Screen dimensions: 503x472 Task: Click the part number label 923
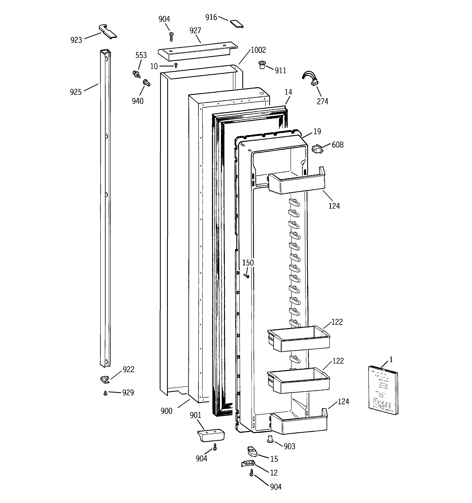[x=76, y=40]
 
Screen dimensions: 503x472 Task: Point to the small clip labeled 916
[x=237, y=24]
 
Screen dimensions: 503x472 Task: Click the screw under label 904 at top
[x=172, y=37]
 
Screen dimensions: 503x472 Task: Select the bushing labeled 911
[x=261, y=65]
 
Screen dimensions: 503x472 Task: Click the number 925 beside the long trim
[x=76, y=92]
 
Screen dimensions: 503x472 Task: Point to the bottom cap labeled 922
[x=104, y=379]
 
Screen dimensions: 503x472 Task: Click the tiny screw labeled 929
[x=105, y=393]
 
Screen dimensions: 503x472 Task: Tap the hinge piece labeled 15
[x=252, y=451]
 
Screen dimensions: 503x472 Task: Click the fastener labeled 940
[x=147, y=83]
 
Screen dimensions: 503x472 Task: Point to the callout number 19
[x=317, y=131]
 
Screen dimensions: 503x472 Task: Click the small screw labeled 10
[x=176, y=66]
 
